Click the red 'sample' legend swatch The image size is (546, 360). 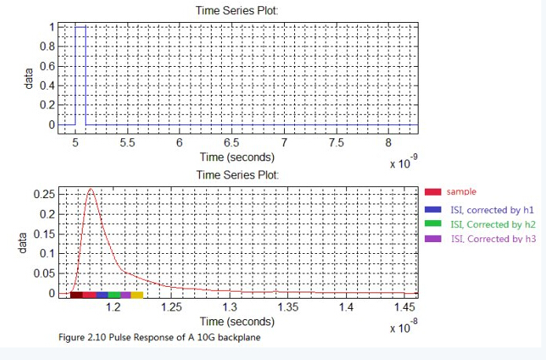(433, 191)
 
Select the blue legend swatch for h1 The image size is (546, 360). (433, 210)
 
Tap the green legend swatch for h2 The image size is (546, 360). (433, 225)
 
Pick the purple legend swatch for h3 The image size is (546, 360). (433, 238)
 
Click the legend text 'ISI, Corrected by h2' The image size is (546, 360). (493, 225)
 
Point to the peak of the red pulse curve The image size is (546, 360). (91, 189)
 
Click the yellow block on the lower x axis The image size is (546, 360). (137, 295)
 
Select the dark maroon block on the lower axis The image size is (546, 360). (76, 295)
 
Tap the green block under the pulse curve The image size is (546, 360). (114, 295)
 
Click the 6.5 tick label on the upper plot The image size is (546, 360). (231, 143)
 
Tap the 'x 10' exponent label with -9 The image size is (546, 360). (402, 163)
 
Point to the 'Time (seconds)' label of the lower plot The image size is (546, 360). (237, 321)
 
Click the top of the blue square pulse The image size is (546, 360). (80, 27)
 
